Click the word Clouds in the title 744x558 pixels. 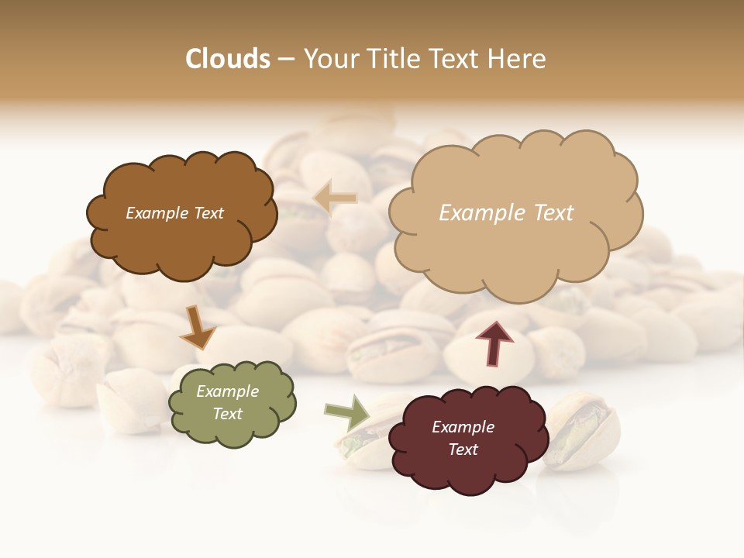click(228, 59)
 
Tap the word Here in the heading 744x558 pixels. click(518, 59)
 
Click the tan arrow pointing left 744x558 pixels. click(335, 198)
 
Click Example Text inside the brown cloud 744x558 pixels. click(174, 213)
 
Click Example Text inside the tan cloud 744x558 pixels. click(506, 213)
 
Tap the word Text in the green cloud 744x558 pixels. click(228, 414)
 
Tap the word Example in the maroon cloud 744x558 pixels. click(463, 427)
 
